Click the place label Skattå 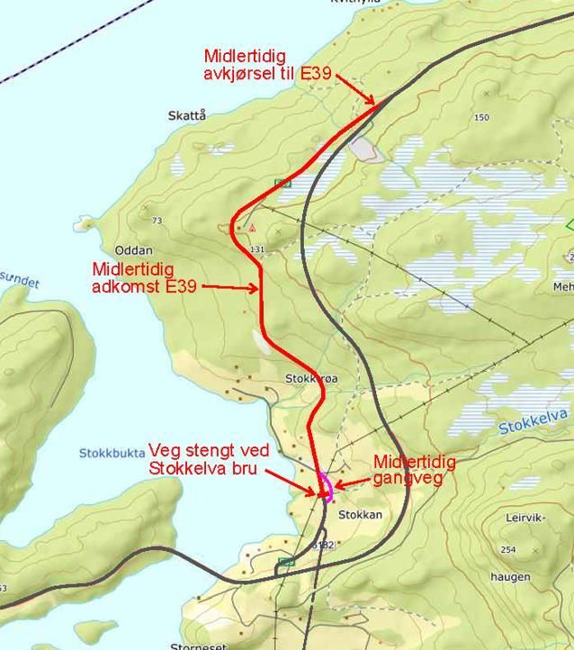186,115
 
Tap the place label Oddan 134,250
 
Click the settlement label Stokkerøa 311,379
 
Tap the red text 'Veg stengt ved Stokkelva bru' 203,459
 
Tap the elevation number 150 481,118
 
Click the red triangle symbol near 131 255,228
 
